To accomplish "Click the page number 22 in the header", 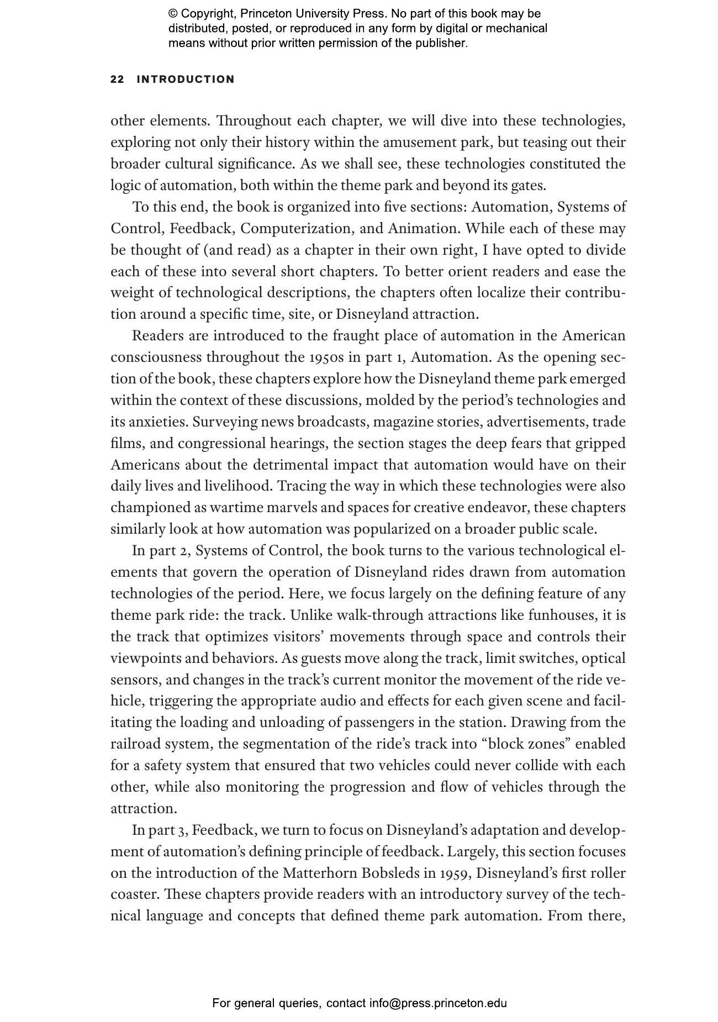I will [117, 80].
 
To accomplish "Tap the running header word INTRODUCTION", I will [186, 80].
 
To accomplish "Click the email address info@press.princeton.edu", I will [438, 1003].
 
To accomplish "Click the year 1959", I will [455, 873].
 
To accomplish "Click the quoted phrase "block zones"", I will [526, 744].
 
